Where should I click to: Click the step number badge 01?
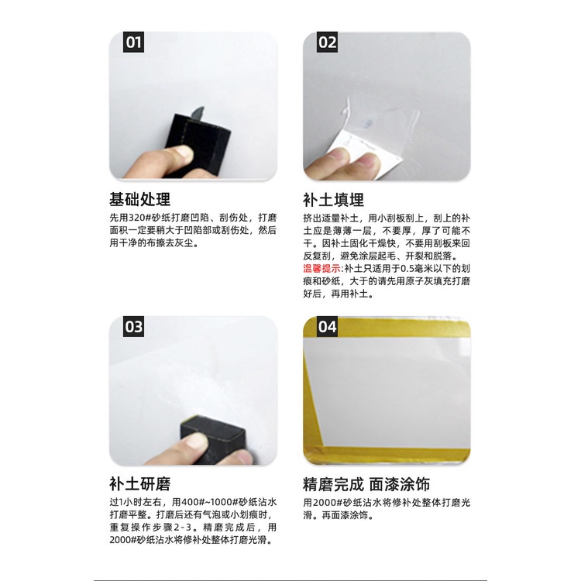tap(133, 43)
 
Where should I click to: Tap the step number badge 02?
tap(327, 43)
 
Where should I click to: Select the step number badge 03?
tap(133, 327)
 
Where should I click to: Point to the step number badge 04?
tap(327, 327)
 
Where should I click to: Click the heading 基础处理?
tap(139, 199)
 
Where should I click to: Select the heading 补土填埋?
tap(333, 200)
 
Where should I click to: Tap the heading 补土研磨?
tap(139, 484)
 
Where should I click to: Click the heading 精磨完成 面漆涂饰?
tap(366, 484)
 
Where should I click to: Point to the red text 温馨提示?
tap(321, 268)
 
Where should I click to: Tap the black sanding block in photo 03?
tap(212, 438)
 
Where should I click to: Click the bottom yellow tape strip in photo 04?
tap(387, 454)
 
